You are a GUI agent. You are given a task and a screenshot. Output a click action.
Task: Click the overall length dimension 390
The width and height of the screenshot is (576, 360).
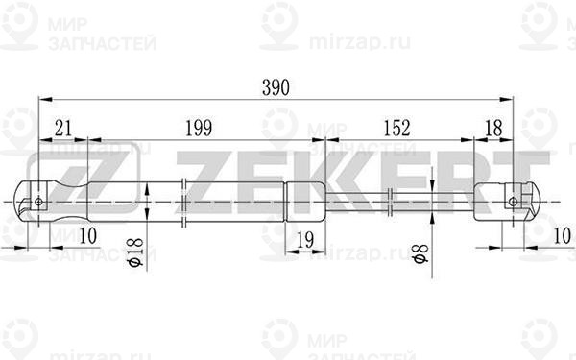[x=276, y=87]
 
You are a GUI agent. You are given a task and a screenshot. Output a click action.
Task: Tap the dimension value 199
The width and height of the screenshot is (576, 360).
[x=199, y=128]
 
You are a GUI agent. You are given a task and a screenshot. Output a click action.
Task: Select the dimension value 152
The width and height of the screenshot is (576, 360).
[x=396, y=128]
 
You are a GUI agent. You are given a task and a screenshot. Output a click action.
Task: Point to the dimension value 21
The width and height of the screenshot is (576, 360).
[x=63, y=128]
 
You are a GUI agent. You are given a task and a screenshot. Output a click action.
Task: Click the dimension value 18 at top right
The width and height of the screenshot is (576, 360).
[x=493, y=128]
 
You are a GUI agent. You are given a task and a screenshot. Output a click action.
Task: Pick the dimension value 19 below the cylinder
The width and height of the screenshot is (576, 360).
[x=305, y=240]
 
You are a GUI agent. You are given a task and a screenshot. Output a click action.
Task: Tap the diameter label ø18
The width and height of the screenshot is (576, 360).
[x=135, y=252]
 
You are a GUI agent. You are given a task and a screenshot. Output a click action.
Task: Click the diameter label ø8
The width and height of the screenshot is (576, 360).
[x=420, y=253]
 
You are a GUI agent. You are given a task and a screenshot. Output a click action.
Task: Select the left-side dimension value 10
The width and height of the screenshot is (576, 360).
[x=87, y=235]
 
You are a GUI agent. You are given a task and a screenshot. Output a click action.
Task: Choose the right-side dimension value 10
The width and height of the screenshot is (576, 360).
[x=562, y=235]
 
